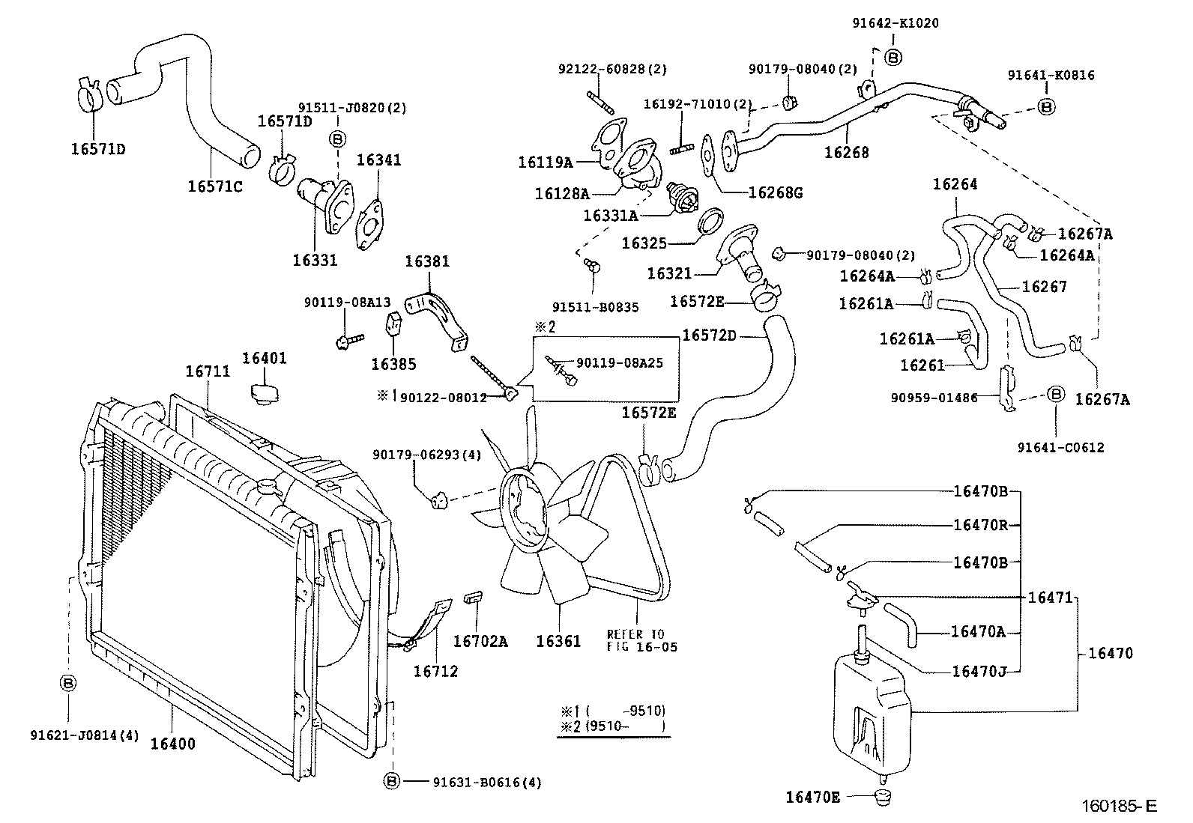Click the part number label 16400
[172, 744]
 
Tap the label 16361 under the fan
[558, 641]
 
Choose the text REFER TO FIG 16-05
[641, 640]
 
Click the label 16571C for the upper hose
[214, 186]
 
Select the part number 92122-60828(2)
[611, 69]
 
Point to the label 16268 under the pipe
[846, 153]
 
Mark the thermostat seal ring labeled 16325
[710, 222]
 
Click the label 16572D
[709, 335]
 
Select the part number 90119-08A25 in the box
[620, 363]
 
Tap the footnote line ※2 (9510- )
[613, 726]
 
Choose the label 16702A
[480, 641]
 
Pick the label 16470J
[979, 671]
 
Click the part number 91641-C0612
[1060, 448]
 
